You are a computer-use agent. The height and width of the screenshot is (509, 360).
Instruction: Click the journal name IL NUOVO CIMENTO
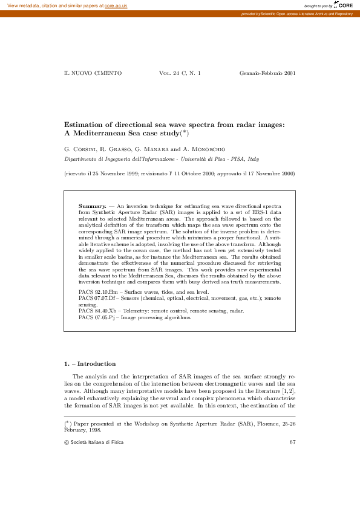coord(93,73)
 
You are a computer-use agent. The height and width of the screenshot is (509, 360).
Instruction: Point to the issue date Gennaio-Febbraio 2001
coord(267,73)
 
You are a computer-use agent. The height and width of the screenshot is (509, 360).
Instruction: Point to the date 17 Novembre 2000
coord(270,174)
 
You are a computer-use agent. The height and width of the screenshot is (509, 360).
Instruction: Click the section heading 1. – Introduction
coord(90,364)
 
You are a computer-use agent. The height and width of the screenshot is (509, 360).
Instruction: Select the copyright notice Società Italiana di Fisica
coord(97,443)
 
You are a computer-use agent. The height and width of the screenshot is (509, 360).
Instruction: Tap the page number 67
coord(292,443)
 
